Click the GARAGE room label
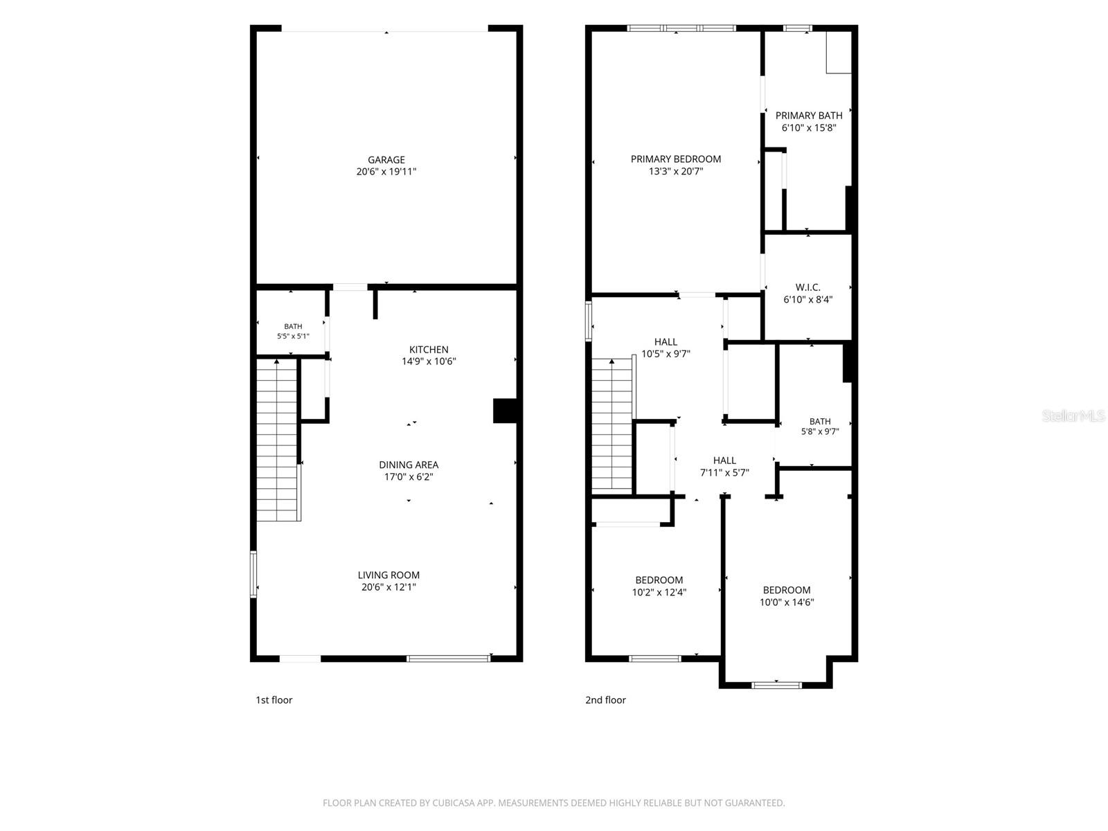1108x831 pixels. tap(386, 159)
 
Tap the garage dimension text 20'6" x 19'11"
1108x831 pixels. tap(386, 172)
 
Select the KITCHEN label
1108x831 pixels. tap(429, 349)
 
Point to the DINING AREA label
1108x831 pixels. tap(409, 465)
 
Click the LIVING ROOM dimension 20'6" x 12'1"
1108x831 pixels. tap(388, 587)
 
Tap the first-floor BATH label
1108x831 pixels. tap(293, 326)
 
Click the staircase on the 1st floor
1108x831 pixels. tap(278, 439)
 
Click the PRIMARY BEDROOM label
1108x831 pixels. tap(675, 159)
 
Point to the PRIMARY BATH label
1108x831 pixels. tap(809, 116)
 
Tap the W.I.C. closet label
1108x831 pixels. tap(807, 287)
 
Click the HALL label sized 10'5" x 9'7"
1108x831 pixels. tap(665, 341)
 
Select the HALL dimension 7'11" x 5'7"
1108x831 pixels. tap(724, 472)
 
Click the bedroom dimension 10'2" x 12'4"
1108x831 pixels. tap(659, 592)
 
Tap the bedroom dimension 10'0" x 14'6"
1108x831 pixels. tap(787, 602)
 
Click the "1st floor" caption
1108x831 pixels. tap(274, 700)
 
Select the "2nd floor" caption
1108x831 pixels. tap(605, 700)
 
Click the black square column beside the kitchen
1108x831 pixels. tap(505, 411)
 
